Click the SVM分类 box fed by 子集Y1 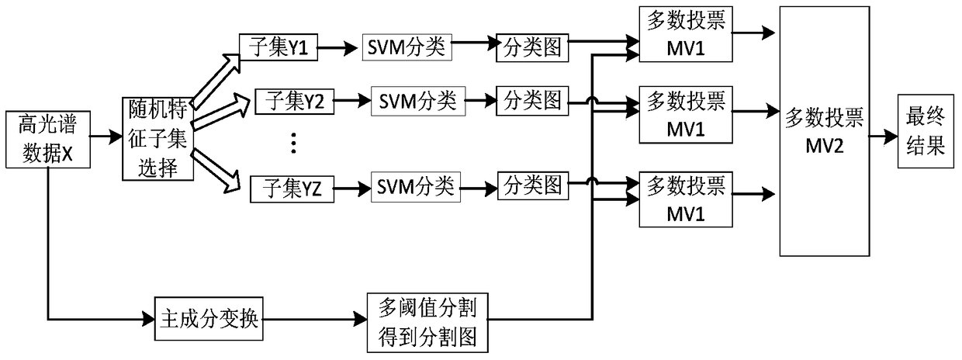pyautogui.click(x=406, y=47)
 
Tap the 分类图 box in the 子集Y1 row pyautogui.click(x=533, y=48)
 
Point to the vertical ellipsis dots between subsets pyautogui.click(x=293, y=143)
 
